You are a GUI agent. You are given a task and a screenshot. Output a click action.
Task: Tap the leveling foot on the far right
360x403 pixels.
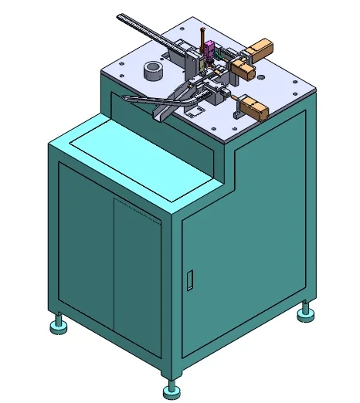pos(306,312)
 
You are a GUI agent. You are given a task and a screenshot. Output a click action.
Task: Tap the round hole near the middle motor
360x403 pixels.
pos(262,78)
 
